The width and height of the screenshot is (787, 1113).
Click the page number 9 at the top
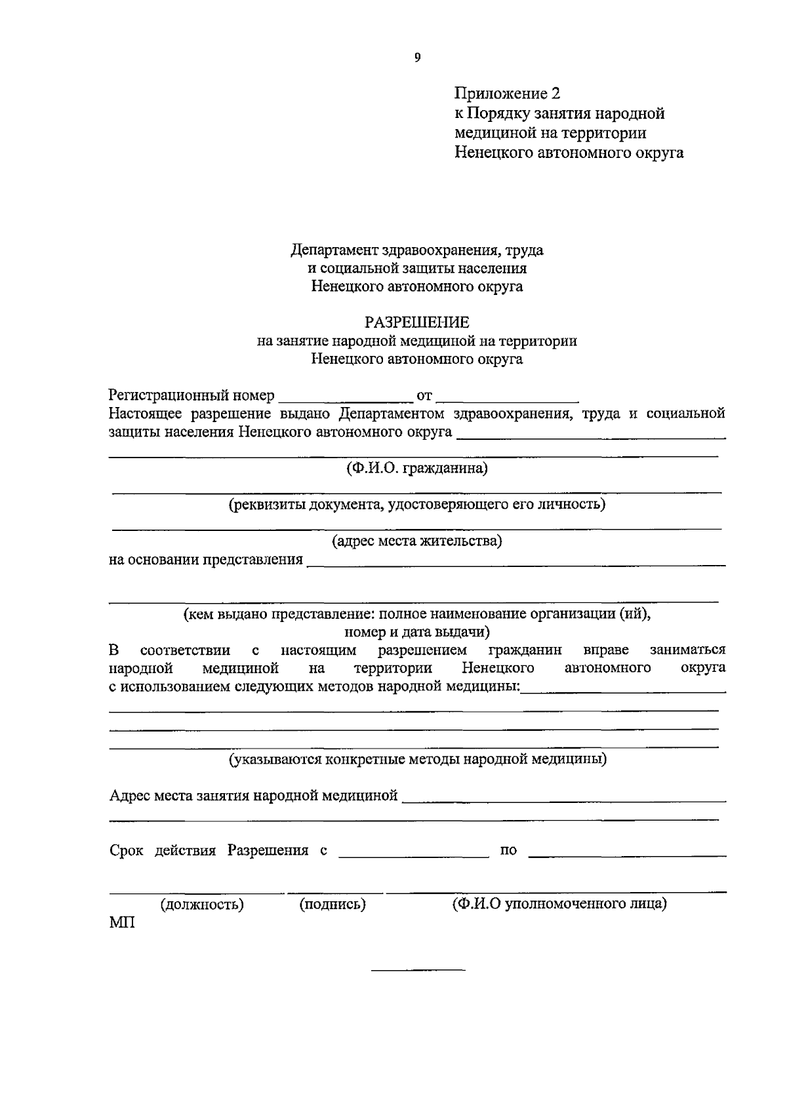[417, 58]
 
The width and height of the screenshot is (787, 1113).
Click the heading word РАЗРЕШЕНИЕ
[417, 322]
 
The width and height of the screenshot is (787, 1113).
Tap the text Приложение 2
[508, 94]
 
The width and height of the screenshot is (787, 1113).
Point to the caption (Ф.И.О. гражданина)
[417, 469]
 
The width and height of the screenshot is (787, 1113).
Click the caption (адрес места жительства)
[417, 541]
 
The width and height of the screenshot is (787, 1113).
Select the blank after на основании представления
[516, 562]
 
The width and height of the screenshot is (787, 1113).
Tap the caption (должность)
[202, 905]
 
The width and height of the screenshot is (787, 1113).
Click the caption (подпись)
[333, 905]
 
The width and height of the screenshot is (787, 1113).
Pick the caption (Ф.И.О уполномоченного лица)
[559, 905]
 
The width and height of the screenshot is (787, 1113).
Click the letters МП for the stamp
[122, 924]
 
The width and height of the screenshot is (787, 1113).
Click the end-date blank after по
[627, 855]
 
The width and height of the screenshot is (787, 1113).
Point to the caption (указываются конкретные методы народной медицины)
[417, 760]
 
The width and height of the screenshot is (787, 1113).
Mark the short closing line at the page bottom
[418, 969]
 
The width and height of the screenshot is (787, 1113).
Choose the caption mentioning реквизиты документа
[417, 505]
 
